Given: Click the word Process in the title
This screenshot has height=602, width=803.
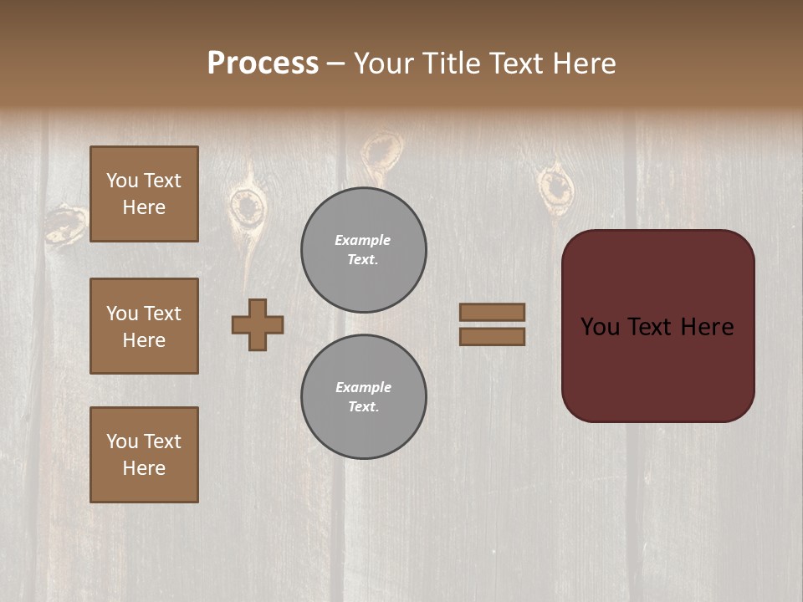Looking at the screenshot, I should point(263,64).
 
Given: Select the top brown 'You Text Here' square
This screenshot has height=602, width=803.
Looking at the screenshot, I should point(144,194).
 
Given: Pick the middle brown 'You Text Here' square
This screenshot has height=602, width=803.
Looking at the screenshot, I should point(144,326).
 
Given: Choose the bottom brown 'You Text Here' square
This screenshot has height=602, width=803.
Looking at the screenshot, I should point(144,455).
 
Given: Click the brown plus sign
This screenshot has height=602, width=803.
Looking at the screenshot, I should point(258,324).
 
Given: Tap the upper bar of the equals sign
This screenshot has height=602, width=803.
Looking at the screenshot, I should point(492,312).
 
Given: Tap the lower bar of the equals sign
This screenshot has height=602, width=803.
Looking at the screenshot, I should point(492,336).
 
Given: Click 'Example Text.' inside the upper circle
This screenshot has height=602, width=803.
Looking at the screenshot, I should point(363,249).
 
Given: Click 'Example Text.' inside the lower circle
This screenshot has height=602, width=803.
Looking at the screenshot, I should point(363,396).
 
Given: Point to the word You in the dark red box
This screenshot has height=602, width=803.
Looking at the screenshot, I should point(601,327).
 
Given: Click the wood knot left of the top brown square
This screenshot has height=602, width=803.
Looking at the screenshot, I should point(67,223).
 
